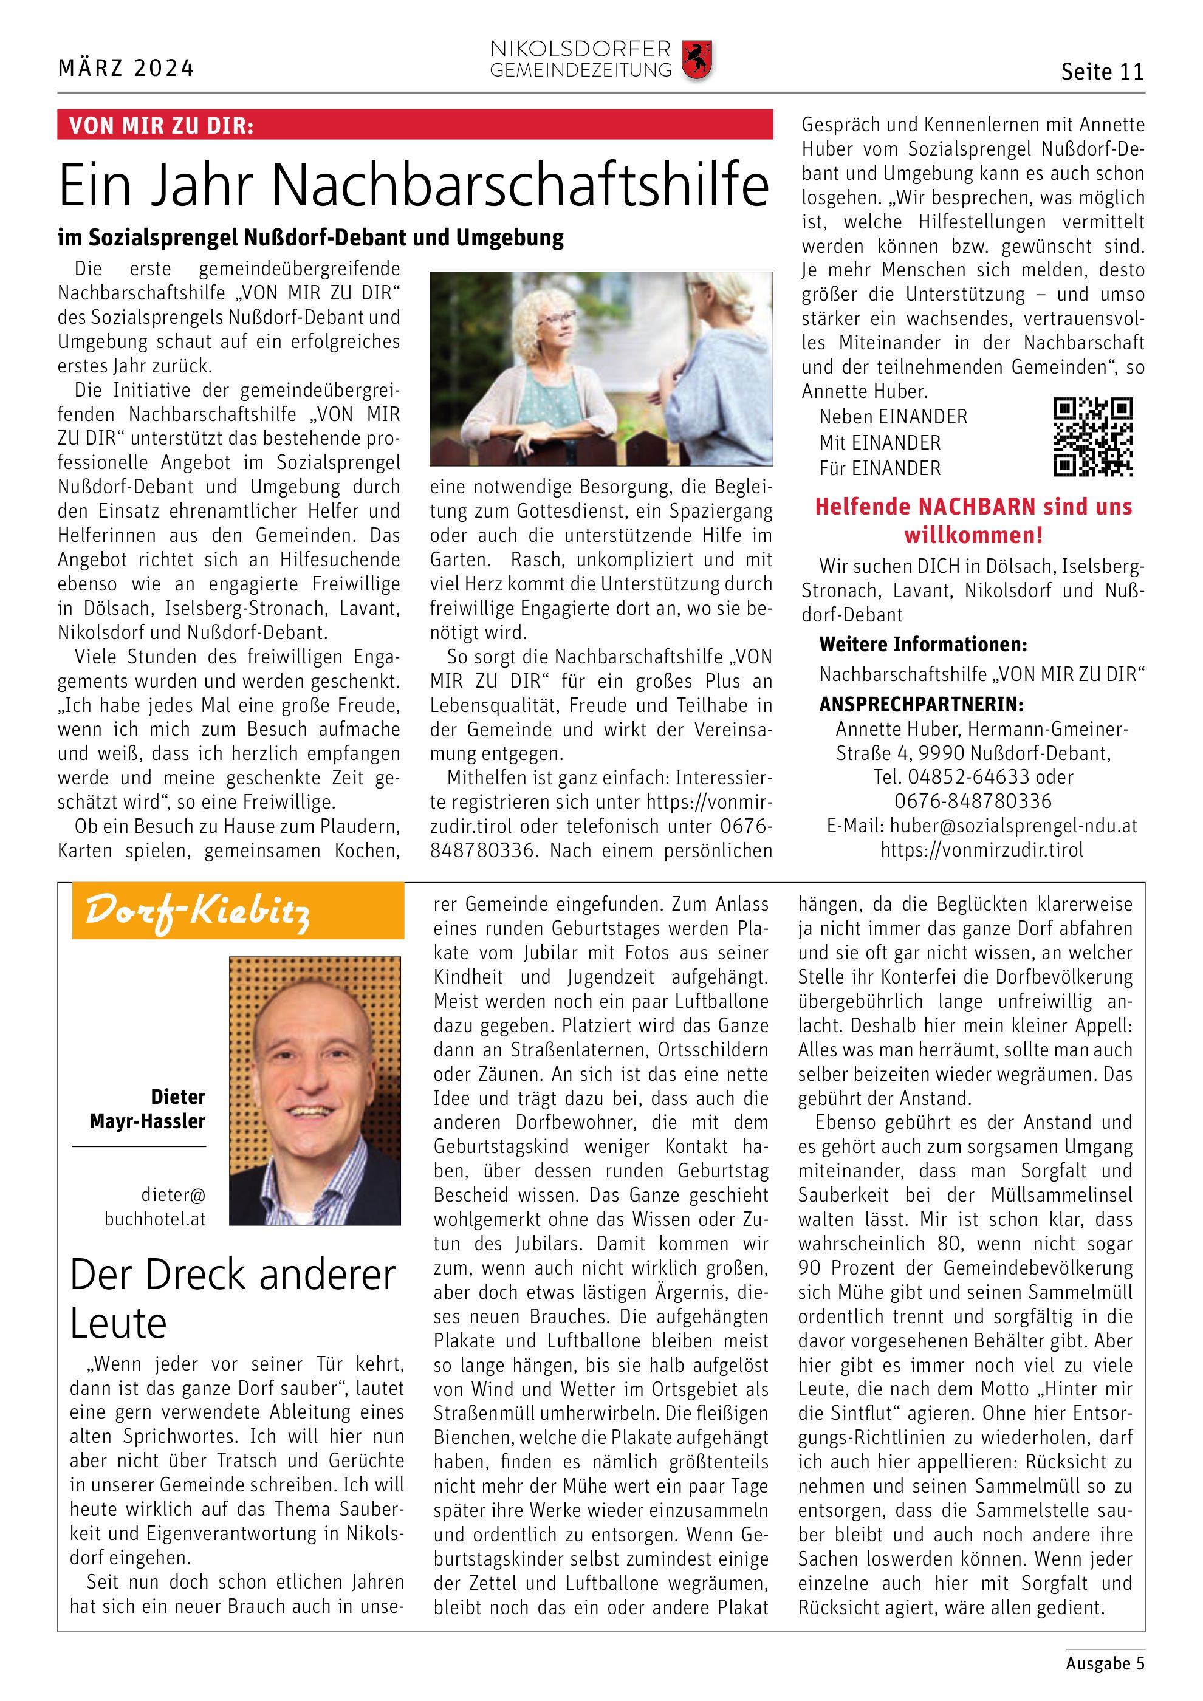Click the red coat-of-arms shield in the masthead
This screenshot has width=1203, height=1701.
click(696, 60)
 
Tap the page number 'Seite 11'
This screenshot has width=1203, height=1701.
click(1102, 72)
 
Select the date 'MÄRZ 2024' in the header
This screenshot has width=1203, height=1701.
click(126, 69)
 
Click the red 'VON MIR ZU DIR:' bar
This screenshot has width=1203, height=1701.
click(415, 125)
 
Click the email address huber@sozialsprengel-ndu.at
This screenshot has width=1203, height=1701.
click(1013, 826)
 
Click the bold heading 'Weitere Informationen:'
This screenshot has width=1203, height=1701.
click(923, 645)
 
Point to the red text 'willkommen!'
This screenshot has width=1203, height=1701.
click(973, 535)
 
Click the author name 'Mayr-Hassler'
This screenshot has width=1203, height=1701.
click(148, 1121)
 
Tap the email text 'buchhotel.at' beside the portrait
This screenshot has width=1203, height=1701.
click(155, 1219)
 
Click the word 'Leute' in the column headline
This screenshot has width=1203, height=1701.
click(118, 1323)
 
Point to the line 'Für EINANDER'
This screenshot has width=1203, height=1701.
click(879, 468)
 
